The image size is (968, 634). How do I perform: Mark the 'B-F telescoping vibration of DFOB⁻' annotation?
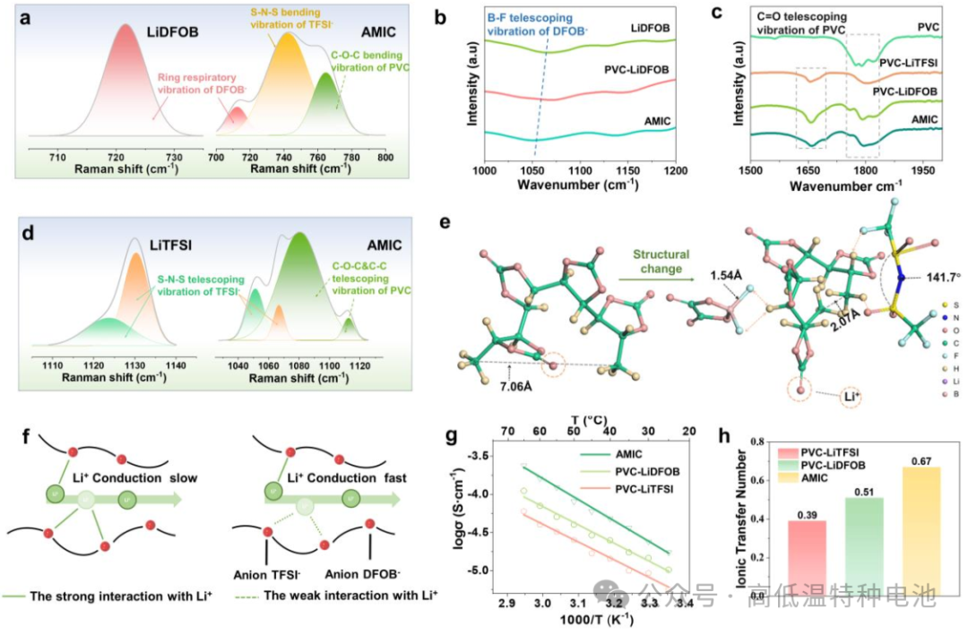[x=536, y=21]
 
